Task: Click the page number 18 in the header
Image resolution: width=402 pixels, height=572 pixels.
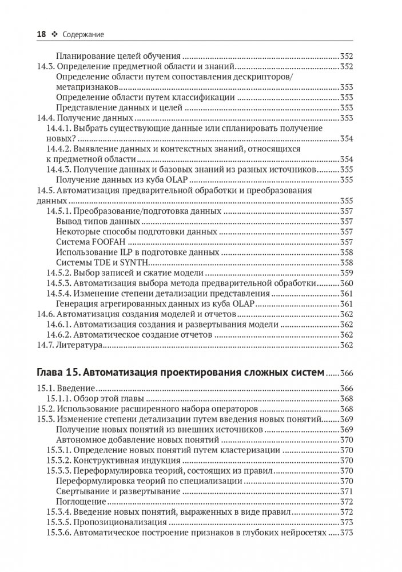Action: [x=41, y=35]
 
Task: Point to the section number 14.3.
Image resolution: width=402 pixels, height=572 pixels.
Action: [x=46, y=67]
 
